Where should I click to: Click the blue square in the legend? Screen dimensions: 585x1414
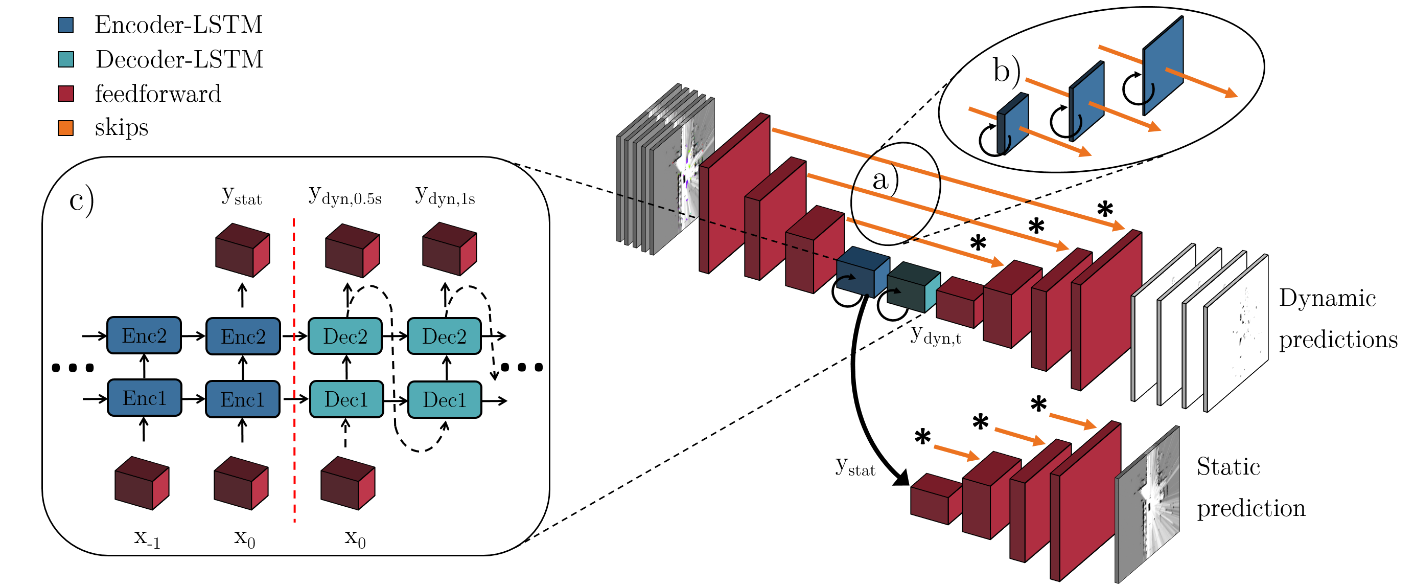(65, 25)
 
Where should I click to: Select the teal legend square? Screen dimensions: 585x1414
(65, 59)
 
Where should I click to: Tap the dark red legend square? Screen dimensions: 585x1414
(65, 94)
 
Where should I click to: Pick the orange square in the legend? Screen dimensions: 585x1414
(65, 128)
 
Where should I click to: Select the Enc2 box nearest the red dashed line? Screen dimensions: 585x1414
(243, 336)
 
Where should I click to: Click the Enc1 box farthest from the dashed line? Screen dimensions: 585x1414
(145, 398)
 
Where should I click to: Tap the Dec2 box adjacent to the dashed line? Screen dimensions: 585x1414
(345, 336)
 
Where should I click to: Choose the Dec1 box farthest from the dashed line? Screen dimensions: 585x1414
(445, 400)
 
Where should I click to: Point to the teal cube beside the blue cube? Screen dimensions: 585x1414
(913, 287)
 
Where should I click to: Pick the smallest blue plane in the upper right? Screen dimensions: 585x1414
(1013, 124)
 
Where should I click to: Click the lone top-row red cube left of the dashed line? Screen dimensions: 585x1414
(242, 250)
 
